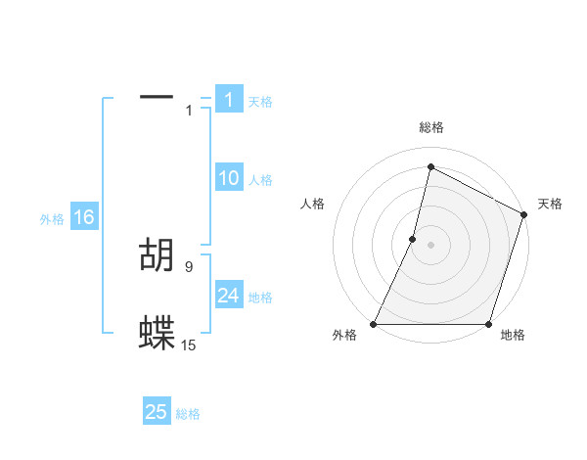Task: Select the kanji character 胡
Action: [157, 255]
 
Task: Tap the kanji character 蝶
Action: [157, 333]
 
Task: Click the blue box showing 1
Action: [229, 100]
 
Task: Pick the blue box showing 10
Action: [229, 179]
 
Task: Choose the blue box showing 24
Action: [229, 296]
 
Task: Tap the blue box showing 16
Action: [83, 217]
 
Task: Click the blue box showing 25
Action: [157, 412]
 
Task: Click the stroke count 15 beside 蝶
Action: [189, 345]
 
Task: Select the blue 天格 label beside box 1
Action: [260, 102]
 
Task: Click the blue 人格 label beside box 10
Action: [260, 180]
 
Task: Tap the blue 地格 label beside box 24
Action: [260, 298]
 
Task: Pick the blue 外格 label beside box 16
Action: [52, 219]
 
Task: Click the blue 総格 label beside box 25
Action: [188, 414]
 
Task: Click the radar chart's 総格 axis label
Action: [430, 127]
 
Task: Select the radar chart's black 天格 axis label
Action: [550, 204]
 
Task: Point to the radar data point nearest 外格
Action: [374, 324]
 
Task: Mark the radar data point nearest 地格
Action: [488, 324]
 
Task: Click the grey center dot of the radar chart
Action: [430, 245]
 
